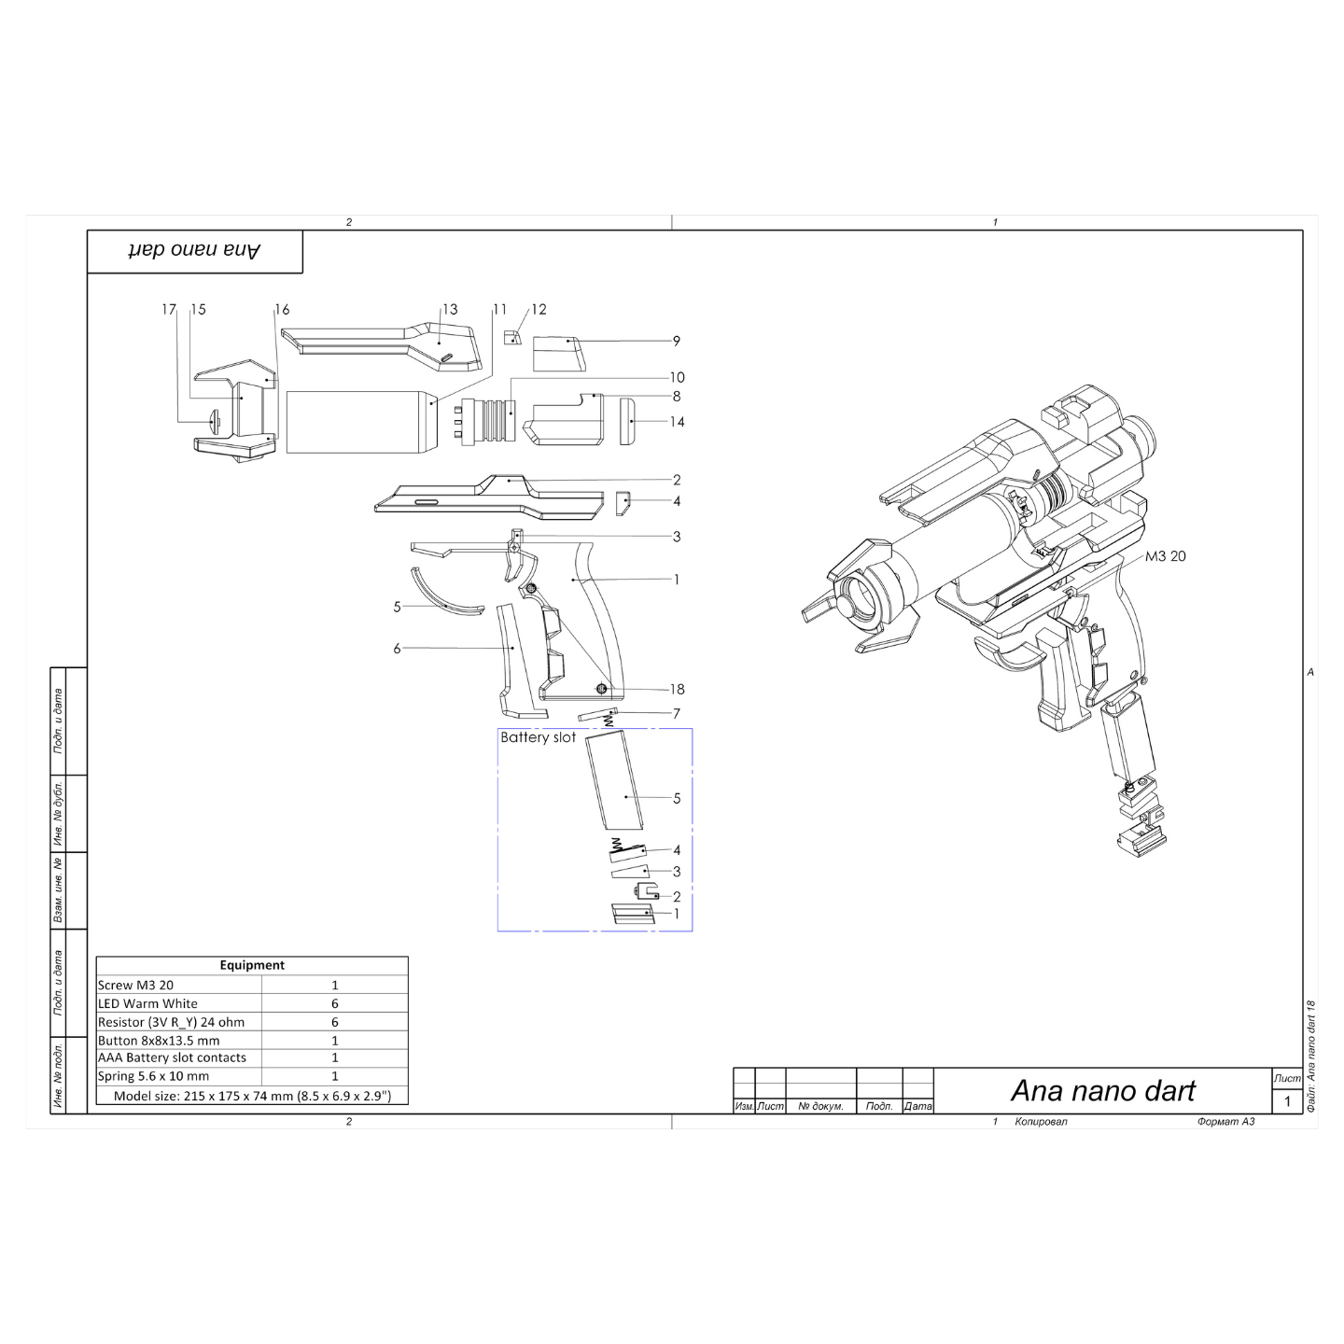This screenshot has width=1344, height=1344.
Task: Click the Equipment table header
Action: pyautogui.click(x=252, y=965)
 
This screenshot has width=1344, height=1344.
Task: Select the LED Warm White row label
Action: pyautogui.click(x=147, y=1003)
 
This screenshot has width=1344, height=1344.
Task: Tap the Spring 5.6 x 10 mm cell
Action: pyautogui.click(x=153, y=1075)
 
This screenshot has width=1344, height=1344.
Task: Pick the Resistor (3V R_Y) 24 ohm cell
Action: pyautogui.click(x=172, y=1022)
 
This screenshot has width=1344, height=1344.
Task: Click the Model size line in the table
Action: pyautogui.click(x=253, y=1096)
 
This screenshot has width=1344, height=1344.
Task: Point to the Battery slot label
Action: pyautogui.click(x=539, y=737)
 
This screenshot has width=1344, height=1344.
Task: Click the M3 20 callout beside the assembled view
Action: pyautogui.click(x=1166, y=556)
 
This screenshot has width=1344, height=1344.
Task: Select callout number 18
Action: pyautogui.click(x=678, y=689)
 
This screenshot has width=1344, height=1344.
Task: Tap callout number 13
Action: pyautogui.click(x=451, y=309)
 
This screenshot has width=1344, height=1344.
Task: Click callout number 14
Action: pyautogui.click(x=678, y=422)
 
